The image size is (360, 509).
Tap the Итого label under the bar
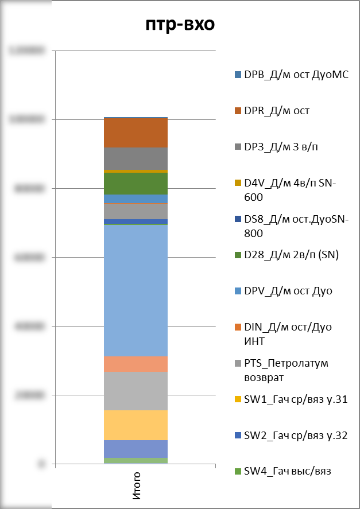[x=136, y=484]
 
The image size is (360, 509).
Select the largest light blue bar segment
[x=136, y=290]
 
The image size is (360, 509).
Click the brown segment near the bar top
[x=136, y=133]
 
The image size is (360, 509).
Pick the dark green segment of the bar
[x=136, y=183]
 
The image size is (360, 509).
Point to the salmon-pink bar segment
[x=136, y=364]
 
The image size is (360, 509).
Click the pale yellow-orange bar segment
[x=136, y=425]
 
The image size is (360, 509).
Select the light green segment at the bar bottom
[x=136, y=460]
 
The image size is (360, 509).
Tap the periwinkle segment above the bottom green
[x=136, y=448]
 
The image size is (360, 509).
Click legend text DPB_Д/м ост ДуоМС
[x=296, y=75]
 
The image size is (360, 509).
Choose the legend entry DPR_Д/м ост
[x=277, y=111]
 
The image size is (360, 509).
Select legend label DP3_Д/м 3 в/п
[x=281, y=147]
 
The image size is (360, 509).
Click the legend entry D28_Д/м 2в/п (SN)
[x=292, y=255]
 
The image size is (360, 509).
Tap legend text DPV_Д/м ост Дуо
[x=288, y=291]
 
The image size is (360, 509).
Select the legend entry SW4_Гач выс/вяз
[x=288, y=471]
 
